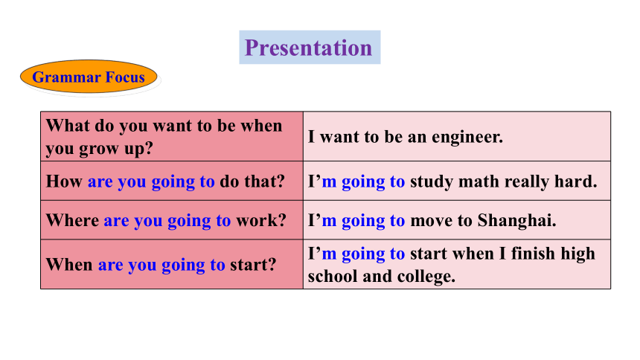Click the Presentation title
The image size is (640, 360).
coord(309,48)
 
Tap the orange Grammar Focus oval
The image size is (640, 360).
coord(89,77)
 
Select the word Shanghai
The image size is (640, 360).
coord(516,220)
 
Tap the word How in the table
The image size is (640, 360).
coord(64,181)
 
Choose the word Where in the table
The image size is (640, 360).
coord(73,220)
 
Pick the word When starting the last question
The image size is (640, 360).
coord(69,265)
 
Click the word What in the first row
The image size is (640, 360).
coord(68,126)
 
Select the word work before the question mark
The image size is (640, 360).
coord(257,220)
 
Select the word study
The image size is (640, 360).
coord(432,182)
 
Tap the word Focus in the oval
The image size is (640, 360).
coord(125,77)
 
